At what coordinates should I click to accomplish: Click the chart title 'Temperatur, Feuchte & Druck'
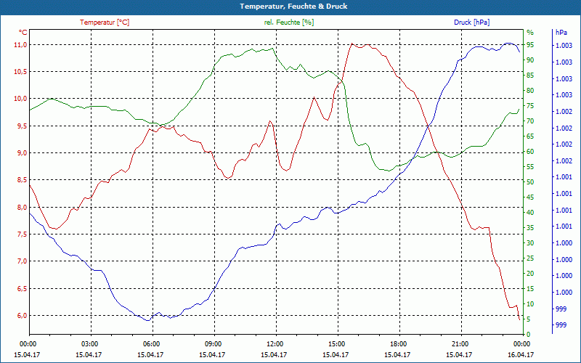[290, 6]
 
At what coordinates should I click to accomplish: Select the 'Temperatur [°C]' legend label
[105, 23]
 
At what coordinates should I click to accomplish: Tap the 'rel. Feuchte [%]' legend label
[289, 23]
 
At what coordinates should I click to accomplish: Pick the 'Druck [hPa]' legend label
[471, 23]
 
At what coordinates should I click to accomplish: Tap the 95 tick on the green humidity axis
[530, 45]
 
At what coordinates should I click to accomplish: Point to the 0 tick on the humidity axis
[528, 335]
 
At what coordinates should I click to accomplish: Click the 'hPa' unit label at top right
[561, 33]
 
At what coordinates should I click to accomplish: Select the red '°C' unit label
[23, 33]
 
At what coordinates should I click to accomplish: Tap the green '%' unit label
[529, 33]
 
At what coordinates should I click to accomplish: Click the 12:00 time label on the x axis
[275, 343]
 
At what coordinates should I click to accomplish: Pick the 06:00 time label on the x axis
[151, 343]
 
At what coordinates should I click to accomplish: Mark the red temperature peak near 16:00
[352, 44]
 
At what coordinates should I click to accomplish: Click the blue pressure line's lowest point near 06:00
[147, 320]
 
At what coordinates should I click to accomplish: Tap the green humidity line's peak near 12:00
[272, 48]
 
